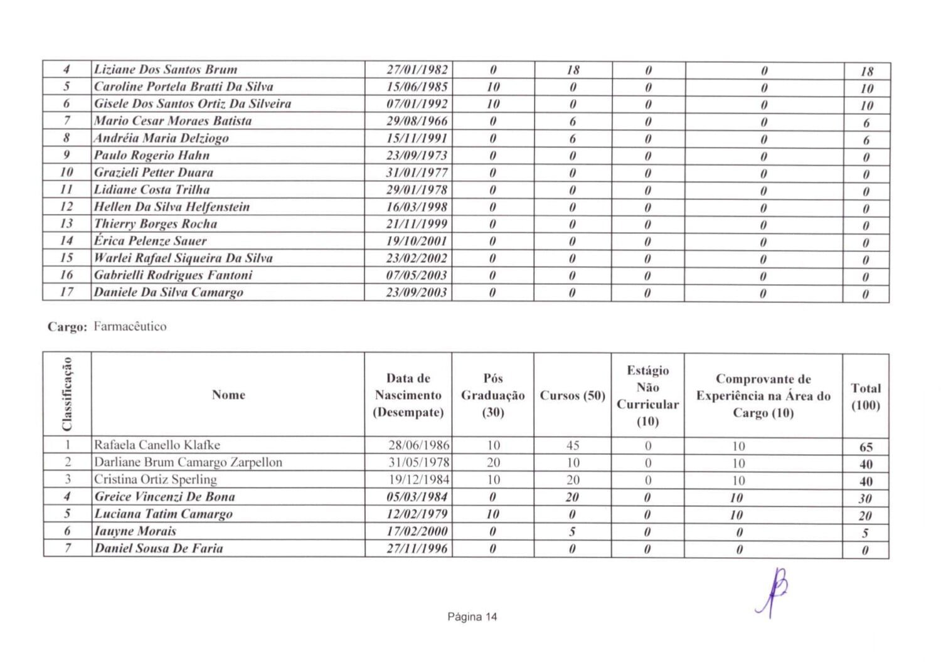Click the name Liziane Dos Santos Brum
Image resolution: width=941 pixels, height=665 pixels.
point(166,70)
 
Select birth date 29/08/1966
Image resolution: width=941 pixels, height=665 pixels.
point(417,121)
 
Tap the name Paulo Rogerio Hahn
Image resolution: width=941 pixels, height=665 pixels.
point(152,156)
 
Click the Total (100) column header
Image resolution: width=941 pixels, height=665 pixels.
point(866,396)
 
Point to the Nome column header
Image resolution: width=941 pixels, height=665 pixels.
point(228,395)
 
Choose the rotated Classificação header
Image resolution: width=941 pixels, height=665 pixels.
point(67,394)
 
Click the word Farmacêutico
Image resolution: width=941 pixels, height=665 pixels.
point(130,326)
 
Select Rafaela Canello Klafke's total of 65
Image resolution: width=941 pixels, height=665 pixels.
point(866,447)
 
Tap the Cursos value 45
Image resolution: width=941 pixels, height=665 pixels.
point(572,445)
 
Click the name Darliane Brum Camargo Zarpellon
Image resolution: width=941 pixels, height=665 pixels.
point(188,462)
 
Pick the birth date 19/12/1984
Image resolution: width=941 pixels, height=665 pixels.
point(419,480)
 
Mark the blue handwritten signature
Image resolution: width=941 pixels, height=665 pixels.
point(774,592)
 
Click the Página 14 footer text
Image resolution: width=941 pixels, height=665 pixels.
point(472,617)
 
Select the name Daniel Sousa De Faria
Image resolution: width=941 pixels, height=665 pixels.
point(159,548)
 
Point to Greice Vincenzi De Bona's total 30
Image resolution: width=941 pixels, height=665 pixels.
point(865,499)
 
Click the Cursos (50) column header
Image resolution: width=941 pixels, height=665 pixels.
point(572,396)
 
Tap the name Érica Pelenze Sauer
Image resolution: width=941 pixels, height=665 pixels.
point(151,241)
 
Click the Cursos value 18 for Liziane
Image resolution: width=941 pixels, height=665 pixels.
point(573,70)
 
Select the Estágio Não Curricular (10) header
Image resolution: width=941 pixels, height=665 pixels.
point(647,396)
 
